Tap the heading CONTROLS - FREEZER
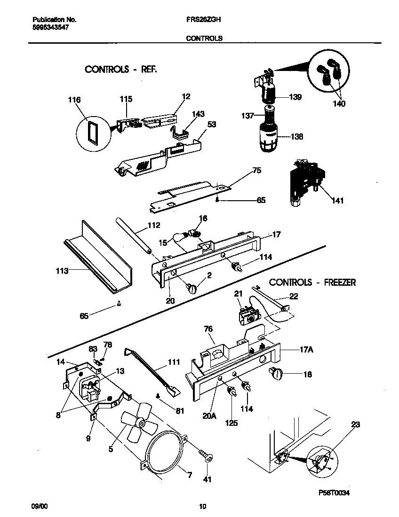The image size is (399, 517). (312, 282)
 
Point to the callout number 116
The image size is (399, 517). (74, 100)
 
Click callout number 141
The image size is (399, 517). (337, 201)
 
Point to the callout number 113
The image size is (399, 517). (62, 271)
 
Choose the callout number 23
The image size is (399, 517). (355, 424)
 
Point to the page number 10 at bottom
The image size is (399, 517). (202, 506)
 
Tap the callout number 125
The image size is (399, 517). (231, 423)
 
